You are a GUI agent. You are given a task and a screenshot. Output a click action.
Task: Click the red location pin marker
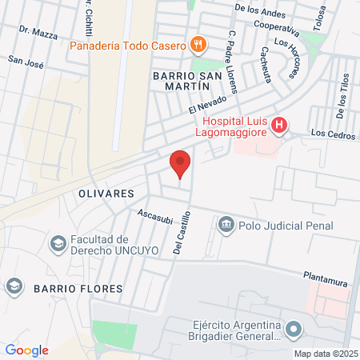180,163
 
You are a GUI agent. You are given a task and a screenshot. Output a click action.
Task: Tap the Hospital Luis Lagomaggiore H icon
278,125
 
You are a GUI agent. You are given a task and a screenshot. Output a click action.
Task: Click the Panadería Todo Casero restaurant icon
198,43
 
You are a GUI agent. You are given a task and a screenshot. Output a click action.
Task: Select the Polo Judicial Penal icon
226,226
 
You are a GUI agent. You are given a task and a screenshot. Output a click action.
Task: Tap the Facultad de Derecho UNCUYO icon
58,242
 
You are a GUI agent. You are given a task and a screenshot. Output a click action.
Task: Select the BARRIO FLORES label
78,287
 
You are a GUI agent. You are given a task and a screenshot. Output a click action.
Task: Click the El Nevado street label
204,103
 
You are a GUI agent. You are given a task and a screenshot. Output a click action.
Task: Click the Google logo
26,350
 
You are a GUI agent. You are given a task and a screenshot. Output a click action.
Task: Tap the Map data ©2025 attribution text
325,354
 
